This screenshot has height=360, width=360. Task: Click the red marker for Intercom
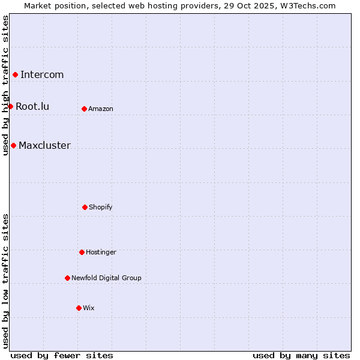point(15,74)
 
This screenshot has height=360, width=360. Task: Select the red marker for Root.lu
point(10,106)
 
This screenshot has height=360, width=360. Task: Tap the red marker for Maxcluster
point(13,145)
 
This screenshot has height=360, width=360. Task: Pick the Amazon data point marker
point(84,109)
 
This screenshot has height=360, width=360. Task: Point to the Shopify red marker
point(85,207)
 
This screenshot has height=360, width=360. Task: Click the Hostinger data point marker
point(82,252)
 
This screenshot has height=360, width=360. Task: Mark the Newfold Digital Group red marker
point(67,278)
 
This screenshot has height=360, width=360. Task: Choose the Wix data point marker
point(79,308)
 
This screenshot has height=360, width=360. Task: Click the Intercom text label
point(42,74)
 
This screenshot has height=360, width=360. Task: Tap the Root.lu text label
point(32,106)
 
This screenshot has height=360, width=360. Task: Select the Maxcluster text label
point(44,145)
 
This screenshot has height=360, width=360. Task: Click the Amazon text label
point(101,109)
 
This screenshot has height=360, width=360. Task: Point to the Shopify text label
point(101,207)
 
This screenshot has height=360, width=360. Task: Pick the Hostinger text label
point(101,252)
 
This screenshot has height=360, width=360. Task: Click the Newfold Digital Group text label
point(106,278)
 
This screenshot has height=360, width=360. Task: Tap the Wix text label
point(89,308)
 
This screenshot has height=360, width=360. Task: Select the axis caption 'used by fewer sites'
point(62,355)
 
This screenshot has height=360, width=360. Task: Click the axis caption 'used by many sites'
point(301,355)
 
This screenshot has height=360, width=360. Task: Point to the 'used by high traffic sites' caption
point(5,85)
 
